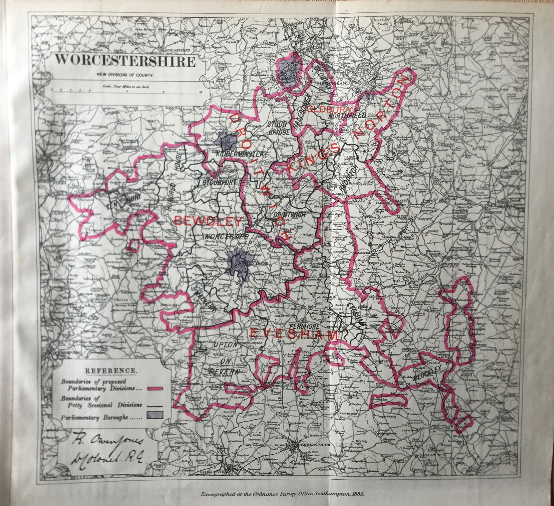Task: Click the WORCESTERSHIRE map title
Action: [123, 61]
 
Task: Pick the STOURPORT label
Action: [217, 181]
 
